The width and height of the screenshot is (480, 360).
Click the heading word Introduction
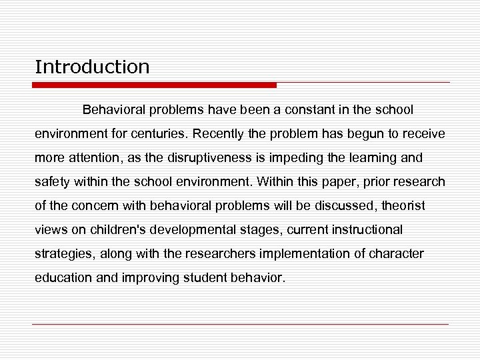[92, 67]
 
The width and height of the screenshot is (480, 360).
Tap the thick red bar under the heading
[155, 85]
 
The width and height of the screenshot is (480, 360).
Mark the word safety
[52, 181]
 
